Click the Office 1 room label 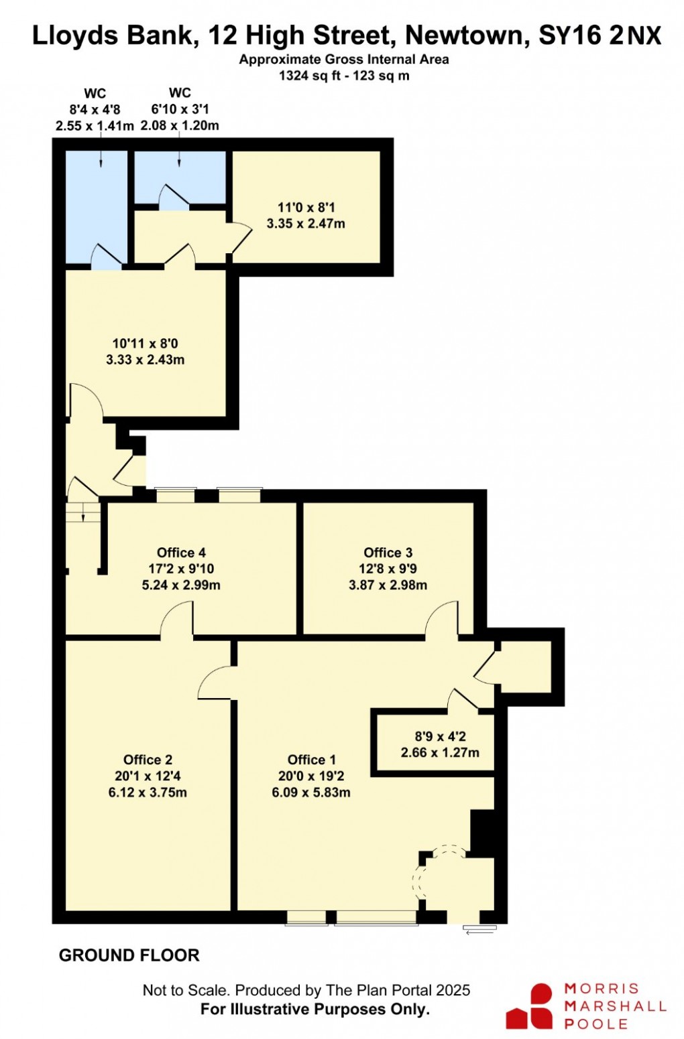click(311, 760)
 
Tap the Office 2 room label click(148, 760)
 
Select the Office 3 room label click(388, 553)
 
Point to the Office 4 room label click(181, 553)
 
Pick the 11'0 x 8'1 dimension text click(306, 208)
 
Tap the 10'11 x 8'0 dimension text click(145, 344)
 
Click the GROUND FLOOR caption click(129, 955)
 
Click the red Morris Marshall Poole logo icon click(530, 1006)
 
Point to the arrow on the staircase click(82, 512)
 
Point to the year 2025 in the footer click(453, 990)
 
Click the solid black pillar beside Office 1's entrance click(482, 833)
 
